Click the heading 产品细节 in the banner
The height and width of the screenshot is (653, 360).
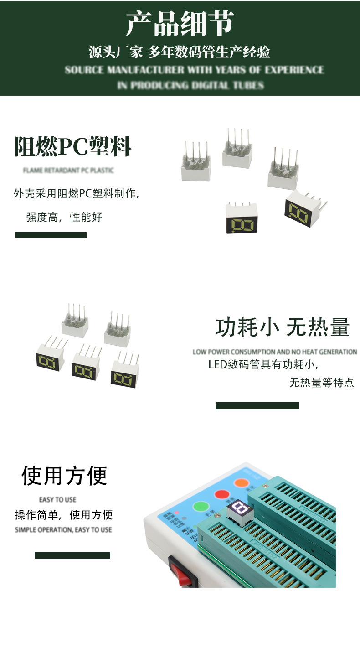click(180, 24)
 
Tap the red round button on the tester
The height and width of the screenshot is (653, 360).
click(222, 494)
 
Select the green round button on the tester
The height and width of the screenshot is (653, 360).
click(201, 507)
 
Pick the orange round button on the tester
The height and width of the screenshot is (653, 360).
click(240, 482)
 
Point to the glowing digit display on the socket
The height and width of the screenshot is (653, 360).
click(238, 508)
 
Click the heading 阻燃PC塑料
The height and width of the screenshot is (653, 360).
click(73, 147)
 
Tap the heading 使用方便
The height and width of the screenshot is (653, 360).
click(64, 476)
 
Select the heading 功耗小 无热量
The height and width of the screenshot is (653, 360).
click(283, 327)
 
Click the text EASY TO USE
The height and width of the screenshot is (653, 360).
click(57, 499)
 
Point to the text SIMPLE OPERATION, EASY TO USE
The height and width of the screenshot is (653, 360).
click(63, 529)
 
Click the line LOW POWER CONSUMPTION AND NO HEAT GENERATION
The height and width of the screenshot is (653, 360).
click(275, 352)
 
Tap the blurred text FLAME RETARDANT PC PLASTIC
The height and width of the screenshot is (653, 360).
click(68, 171)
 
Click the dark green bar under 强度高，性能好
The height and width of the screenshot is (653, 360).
click(51, 235)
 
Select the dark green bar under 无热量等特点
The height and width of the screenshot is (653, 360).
click(257, 406)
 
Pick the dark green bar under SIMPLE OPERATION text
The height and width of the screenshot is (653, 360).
click(72, 555)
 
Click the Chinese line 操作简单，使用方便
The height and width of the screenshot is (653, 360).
click(64, 515)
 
